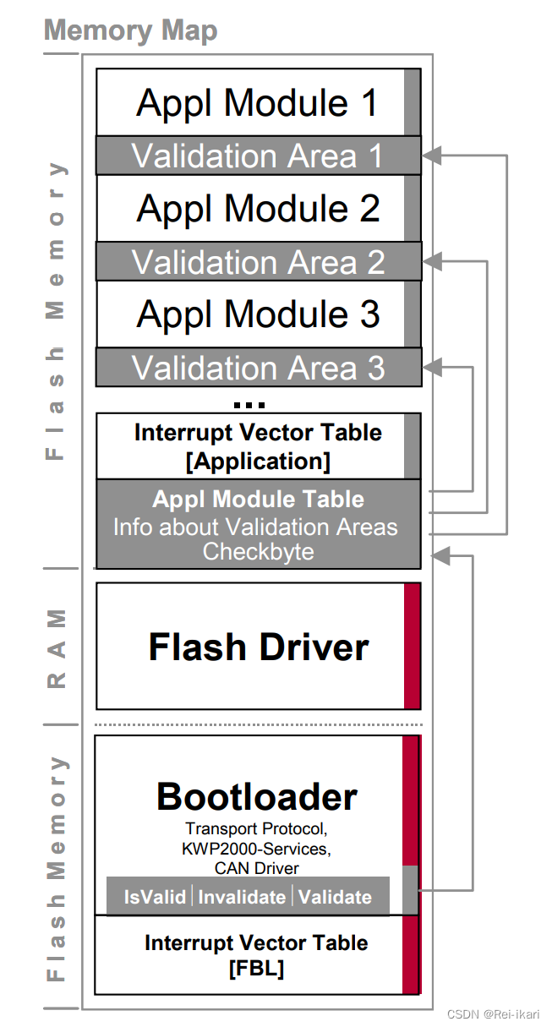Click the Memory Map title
(130, 30)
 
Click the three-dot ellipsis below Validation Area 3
(249, 405)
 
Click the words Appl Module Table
(258, 499)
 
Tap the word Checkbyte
(258, 552)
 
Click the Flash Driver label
(259, 647)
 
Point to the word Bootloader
(257, 797)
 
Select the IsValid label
(155, 897)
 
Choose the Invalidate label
(242, 897)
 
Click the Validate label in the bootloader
(335, 897)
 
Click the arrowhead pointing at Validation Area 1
(430, 156)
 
